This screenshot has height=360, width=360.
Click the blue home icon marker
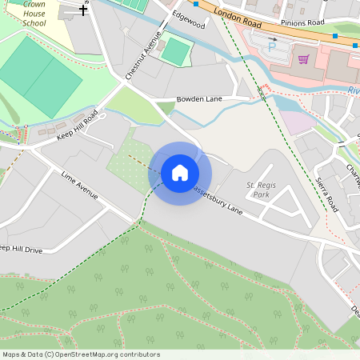[180, 173]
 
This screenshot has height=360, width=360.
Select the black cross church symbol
[83, 11]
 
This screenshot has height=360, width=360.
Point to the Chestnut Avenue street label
[144, 55]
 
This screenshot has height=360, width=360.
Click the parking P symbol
[271, 47]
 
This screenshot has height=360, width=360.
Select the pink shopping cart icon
[303, 59]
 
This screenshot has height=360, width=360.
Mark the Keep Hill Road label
[77, 126]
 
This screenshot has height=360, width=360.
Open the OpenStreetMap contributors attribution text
[80, 354]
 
